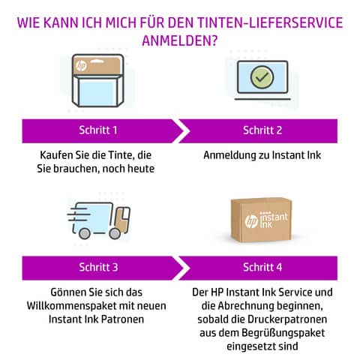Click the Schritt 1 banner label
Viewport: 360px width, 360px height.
[98, 130]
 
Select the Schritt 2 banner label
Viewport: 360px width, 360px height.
[262, 130]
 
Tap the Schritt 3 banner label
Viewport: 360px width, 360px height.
[98, 267]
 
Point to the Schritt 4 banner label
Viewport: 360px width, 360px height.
[262, 267]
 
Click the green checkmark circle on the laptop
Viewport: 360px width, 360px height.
[262, 77]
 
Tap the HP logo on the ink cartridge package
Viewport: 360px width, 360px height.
[81, 66]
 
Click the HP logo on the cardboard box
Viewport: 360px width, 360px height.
[251, 221]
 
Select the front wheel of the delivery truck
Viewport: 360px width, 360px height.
[115, 233]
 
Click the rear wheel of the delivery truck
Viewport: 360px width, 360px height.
[85, 233]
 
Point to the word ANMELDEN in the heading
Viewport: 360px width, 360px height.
[179, 40]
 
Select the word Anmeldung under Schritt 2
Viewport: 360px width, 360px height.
[229, 155]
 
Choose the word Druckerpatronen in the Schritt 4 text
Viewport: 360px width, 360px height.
[287, 319]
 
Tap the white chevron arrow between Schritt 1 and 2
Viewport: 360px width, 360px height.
[183, 131]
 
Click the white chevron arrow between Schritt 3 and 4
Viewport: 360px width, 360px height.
[183, 268]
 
